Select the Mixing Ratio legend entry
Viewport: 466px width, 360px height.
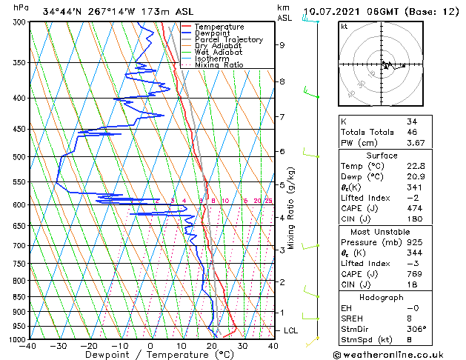point(219,65)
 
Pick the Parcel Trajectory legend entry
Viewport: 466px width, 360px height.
point(224,39)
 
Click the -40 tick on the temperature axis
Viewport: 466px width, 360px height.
point(28,346)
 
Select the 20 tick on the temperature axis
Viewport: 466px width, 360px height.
point(212,346)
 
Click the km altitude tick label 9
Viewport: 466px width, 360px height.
point(282,45)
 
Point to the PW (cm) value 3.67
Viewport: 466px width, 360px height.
point(416,143)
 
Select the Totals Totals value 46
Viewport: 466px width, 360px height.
point(412,132)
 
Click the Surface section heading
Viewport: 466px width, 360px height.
point(380,156)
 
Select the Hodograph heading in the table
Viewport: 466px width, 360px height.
point(380,297)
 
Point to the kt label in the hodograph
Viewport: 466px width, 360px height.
point(344,27)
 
